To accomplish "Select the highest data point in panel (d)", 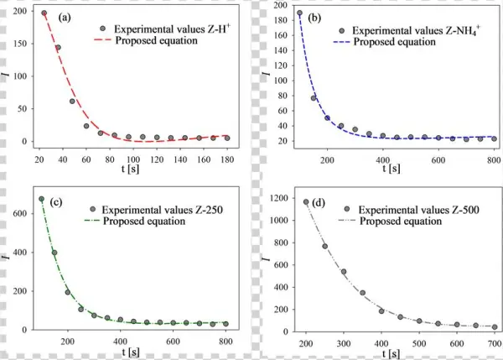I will (x=306, y=201).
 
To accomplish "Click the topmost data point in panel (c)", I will (x=42, y=200).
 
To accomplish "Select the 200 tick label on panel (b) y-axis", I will (x=278, y=6).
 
